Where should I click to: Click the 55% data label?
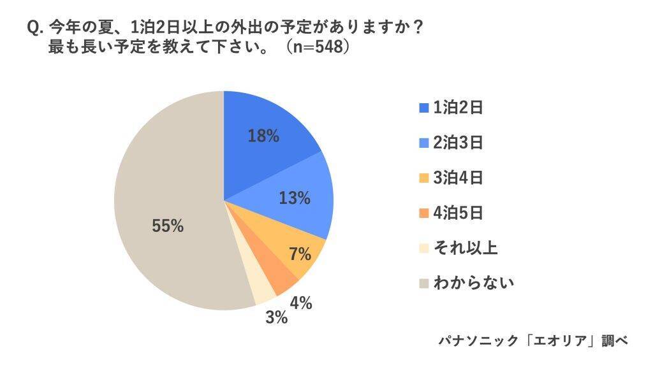(168, 226)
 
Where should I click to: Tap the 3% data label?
(276, 317)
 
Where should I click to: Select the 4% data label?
(300, 303)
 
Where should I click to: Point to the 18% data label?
(263, 136)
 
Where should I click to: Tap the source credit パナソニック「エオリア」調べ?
(533, 341)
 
